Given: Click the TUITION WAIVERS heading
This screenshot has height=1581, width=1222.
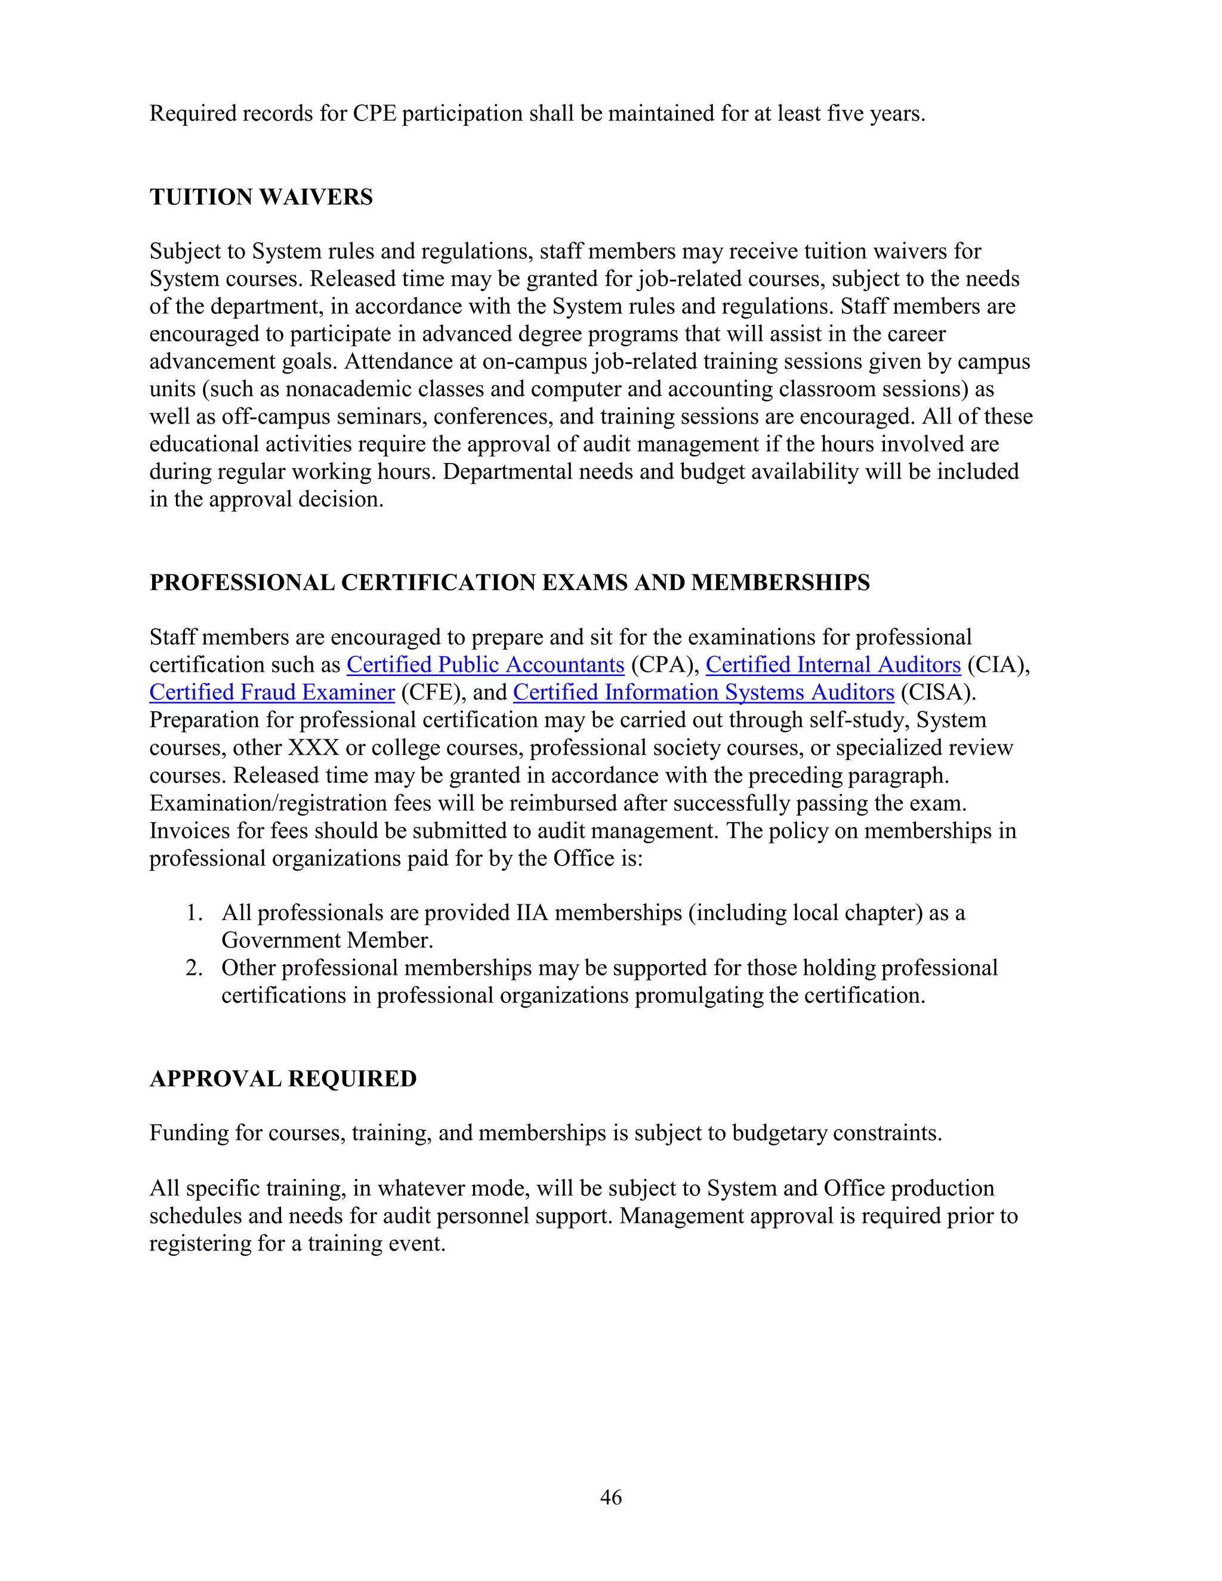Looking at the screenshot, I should [x=261, y=197].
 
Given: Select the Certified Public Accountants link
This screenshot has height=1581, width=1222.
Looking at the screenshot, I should [x=485, y=665].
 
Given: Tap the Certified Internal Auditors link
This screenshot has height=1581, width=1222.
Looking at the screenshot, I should [x=833, y=665].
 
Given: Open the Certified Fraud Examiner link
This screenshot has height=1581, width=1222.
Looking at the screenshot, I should [x=272, y=692].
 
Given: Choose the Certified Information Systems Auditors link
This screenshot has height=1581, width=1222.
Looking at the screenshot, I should [x=703, y=692].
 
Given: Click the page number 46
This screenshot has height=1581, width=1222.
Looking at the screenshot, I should [x=611, y=1497].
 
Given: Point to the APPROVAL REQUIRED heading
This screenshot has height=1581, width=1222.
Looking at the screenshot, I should [x=283, y=1079].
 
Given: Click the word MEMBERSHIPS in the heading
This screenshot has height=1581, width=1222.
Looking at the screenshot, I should [x=780, y=583].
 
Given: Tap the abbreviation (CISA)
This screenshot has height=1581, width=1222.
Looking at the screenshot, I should [x=938, y=692].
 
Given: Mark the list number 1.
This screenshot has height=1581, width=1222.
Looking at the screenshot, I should [x=194, y=913].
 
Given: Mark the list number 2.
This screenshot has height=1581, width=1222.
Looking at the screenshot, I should [x=194, y=968].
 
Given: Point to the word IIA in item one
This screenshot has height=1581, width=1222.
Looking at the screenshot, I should [x=532, y=913].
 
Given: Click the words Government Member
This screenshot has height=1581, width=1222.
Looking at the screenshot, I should [x=326, y=940].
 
